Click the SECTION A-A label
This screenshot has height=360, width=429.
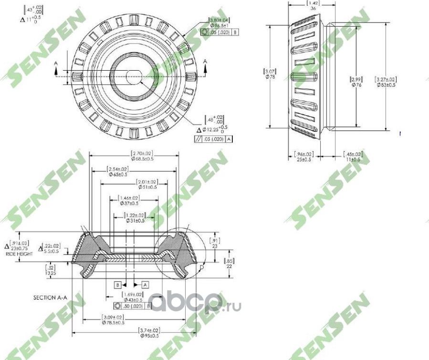point(50,297)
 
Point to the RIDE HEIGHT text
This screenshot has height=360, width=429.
point(19,254)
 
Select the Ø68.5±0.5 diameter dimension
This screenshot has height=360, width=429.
point(135,159)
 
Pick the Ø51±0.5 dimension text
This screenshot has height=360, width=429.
point(147,188)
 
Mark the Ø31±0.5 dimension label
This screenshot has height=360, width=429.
point(135,221)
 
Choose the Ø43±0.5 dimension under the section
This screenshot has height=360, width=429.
point(133,299)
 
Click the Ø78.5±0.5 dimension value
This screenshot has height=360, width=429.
point(113,323)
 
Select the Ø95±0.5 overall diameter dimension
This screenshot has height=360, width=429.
point(149,336)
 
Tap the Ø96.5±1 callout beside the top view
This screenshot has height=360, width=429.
point(219,26)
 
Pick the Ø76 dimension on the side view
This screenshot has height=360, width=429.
point(356,85)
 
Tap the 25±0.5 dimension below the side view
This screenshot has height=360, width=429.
point(302,159)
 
